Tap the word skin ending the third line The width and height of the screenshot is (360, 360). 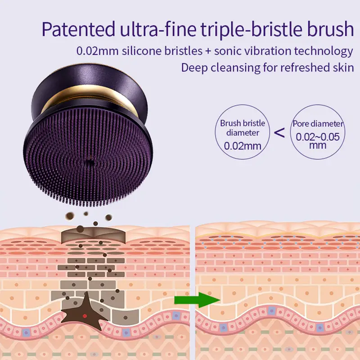tap(343, 68)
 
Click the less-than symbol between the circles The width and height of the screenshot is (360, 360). tap(279, 132)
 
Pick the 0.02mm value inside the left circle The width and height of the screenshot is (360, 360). tap(243, 146)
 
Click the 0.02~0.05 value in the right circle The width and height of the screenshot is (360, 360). tap(318, 137)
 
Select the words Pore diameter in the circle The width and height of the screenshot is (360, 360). tap(318, 124)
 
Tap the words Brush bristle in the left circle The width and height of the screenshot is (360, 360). tap(243, 123)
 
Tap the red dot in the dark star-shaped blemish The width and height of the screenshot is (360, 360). tap(85, 315)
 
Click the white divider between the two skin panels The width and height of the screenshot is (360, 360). tap(193, 292)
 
